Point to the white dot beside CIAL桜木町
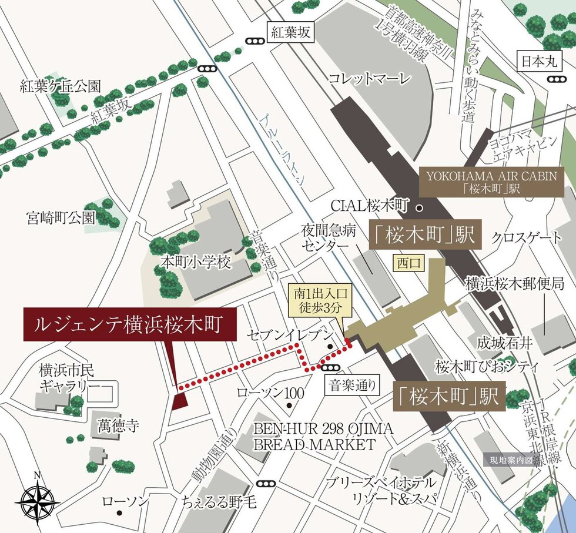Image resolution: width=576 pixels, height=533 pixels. (419, 207)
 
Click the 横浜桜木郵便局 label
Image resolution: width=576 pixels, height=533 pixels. (515, 283)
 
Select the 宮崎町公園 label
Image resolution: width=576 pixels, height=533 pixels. (61, 218)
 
